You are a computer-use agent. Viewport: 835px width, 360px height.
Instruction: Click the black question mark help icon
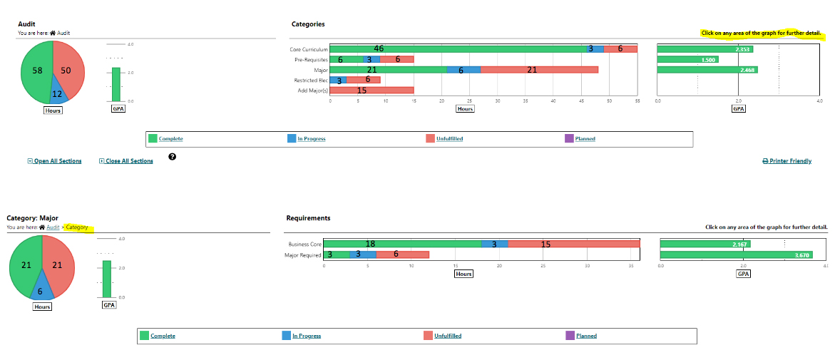pyautogui.click(x=173, y=157)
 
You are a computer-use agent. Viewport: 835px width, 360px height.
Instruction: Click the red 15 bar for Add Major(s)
pyautogui.click(x=372, y=91)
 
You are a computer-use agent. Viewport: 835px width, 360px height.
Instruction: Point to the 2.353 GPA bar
pyautogui.click(x=705, y=49)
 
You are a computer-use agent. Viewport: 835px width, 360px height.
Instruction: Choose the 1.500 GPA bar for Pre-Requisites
pyautogui.click(x=687, y=60)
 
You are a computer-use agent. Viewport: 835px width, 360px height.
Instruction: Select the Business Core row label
pyautogui.click(x=304, y=244)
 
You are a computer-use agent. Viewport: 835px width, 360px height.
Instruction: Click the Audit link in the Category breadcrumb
pyautogui.click(x=53, y=227)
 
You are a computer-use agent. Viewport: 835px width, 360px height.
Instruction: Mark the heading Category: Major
pyautogui.click(x=32, y=218)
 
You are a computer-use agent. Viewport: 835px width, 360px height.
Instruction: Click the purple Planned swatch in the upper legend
pyautogui.click(x=569, y=138)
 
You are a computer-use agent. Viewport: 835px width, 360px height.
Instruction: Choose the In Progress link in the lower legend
pyautogui.click(x=307, y=336)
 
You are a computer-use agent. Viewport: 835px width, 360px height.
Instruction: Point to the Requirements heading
pyautogui.click(x=308, y=218)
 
